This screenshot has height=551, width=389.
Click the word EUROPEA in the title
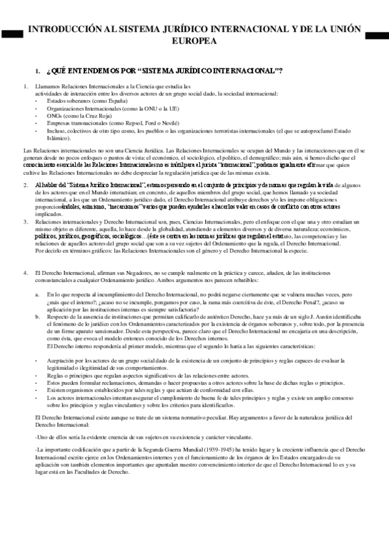pos(194,40)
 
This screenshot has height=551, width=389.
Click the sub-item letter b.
pos(36,317)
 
